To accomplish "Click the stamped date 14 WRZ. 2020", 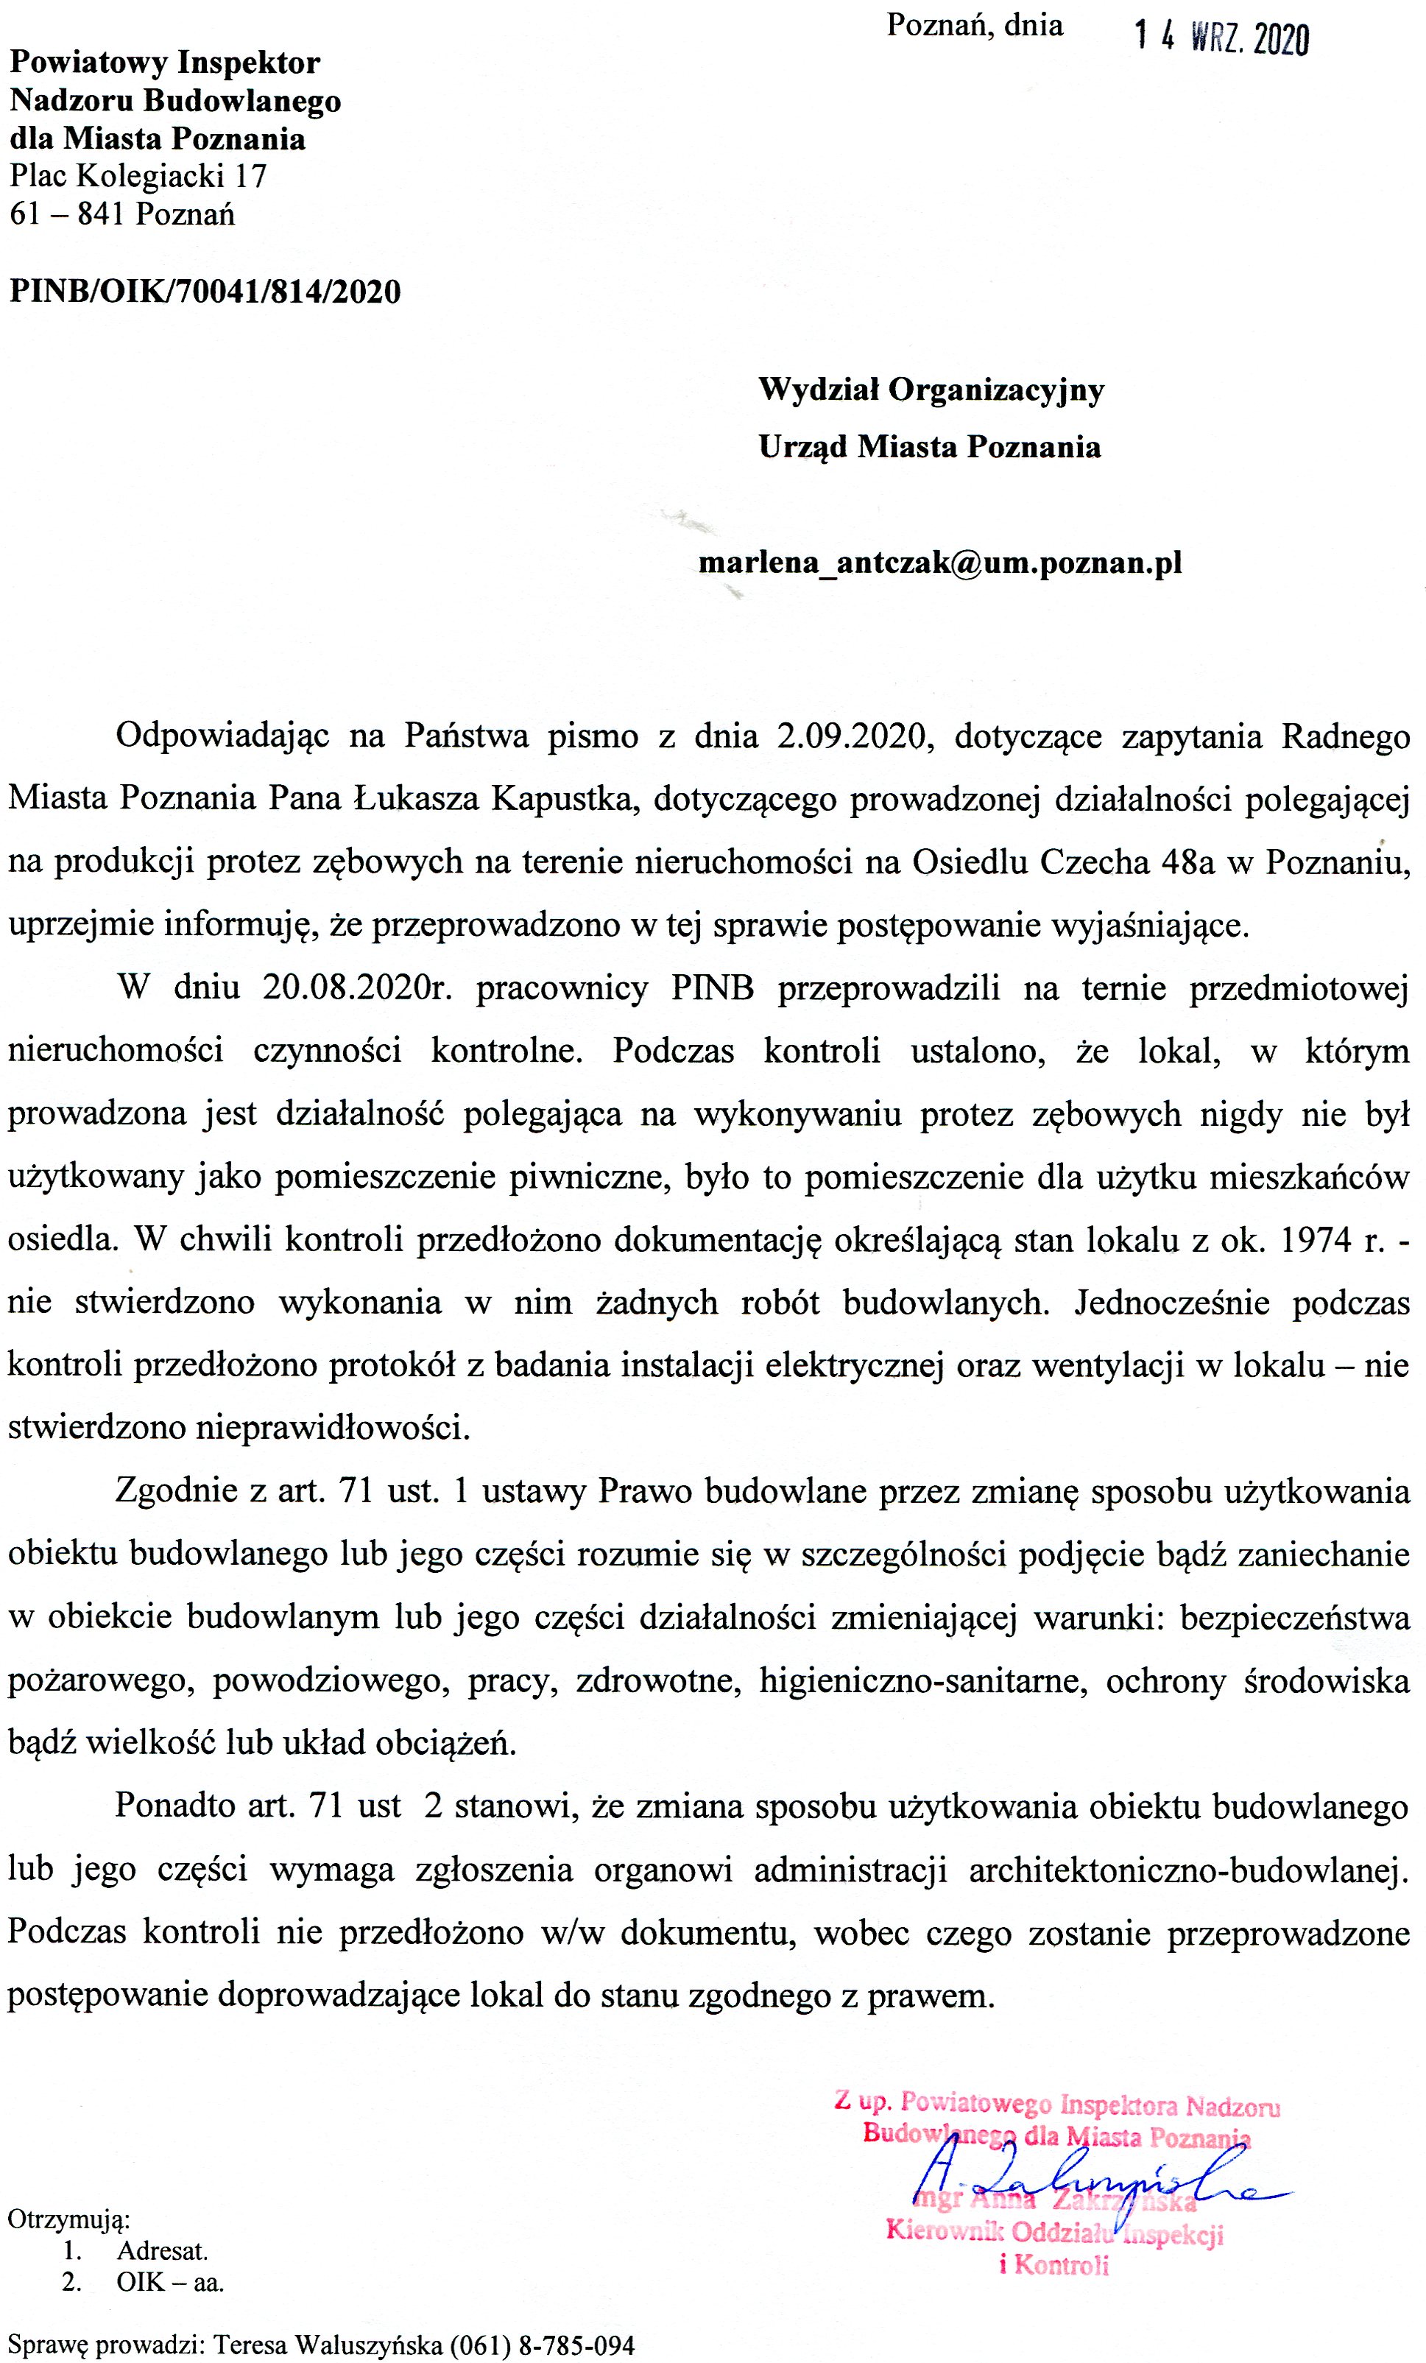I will click(1221, 38).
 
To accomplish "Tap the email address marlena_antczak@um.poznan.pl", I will click(940, 562).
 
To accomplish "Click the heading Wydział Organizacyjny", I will click(931, 390).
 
